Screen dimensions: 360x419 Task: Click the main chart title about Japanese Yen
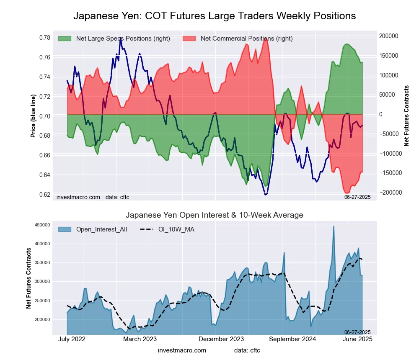pyautogui.click(x=215, y=16)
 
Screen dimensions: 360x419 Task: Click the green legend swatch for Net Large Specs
pyautogui.click(x=65, y=39)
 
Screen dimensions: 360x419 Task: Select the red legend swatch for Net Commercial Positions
pyautogui.click(x=189, y=39)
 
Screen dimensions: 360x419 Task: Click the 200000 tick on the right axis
pyautogui.click(x=389, y=36)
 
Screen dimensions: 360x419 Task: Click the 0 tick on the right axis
pyautogui.click(x=382, y=114)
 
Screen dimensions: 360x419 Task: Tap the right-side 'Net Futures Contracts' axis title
pyautogui.click(x=406, y=116)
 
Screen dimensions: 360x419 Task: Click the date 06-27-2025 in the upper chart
pyautogui.click(x=357, y=197)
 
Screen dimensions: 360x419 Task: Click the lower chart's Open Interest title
pyautogui.click(x=215, y=215)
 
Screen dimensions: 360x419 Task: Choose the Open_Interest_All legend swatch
pyautogui.click(x=65, y=229)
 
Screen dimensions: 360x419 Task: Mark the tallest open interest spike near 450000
pyautogui.click(x=334, y=226)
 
